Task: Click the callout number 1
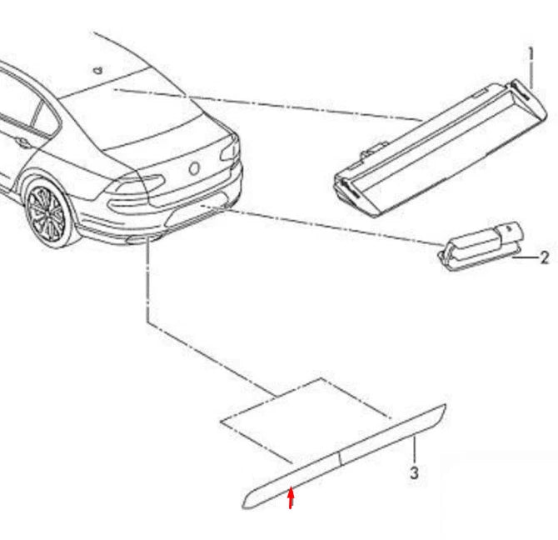pos(531,55)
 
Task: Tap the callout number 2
pos(545,258)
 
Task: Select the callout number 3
pos(414,474)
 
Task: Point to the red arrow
pos(290,497)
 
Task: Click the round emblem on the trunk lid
pos(194,168)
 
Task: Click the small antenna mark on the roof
pos(99,70)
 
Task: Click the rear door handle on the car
pos(22,142)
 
